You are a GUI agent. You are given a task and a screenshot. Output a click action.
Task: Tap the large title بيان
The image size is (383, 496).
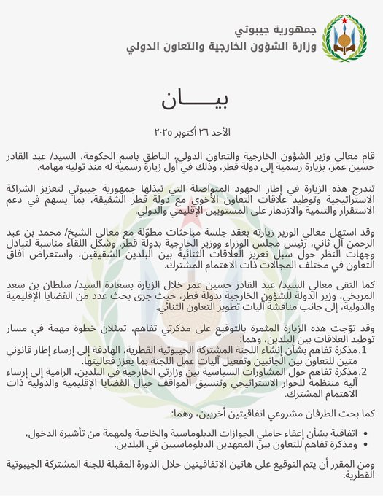pos(192,101)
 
